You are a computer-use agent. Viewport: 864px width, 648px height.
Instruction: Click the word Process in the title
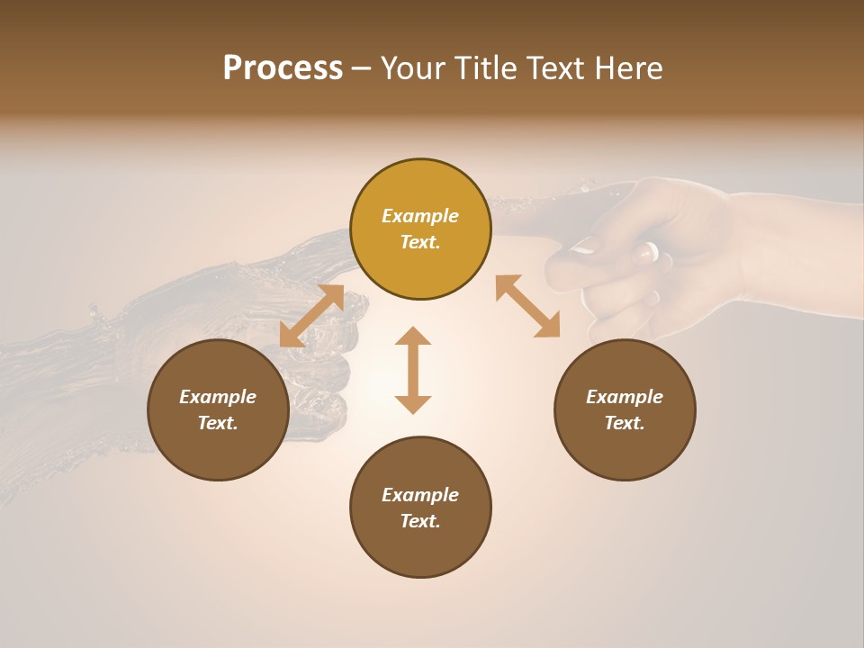[x=283, y=68]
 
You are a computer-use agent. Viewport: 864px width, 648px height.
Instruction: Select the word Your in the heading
[x=412, y=68]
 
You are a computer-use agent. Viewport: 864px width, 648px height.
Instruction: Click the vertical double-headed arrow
[x=413, y=371]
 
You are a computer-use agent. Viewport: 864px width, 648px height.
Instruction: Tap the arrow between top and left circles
[x=311, y=316]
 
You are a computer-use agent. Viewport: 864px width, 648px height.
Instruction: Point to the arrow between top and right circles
[x=527, y=306]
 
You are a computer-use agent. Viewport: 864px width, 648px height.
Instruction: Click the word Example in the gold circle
[x=420, y=216]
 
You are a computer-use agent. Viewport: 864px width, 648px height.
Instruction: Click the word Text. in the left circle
[x=218, y=423]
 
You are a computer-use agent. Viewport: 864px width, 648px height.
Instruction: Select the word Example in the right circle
[x=625, y=397]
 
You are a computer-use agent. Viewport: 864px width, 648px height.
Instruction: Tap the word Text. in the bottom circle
[x=420, y=521]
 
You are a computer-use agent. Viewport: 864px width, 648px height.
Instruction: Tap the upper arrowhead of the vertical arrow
[x=413, y=337]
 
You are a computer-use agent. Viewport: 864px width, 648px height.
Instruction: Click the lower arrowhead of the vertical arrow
[x=413, y=404]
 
